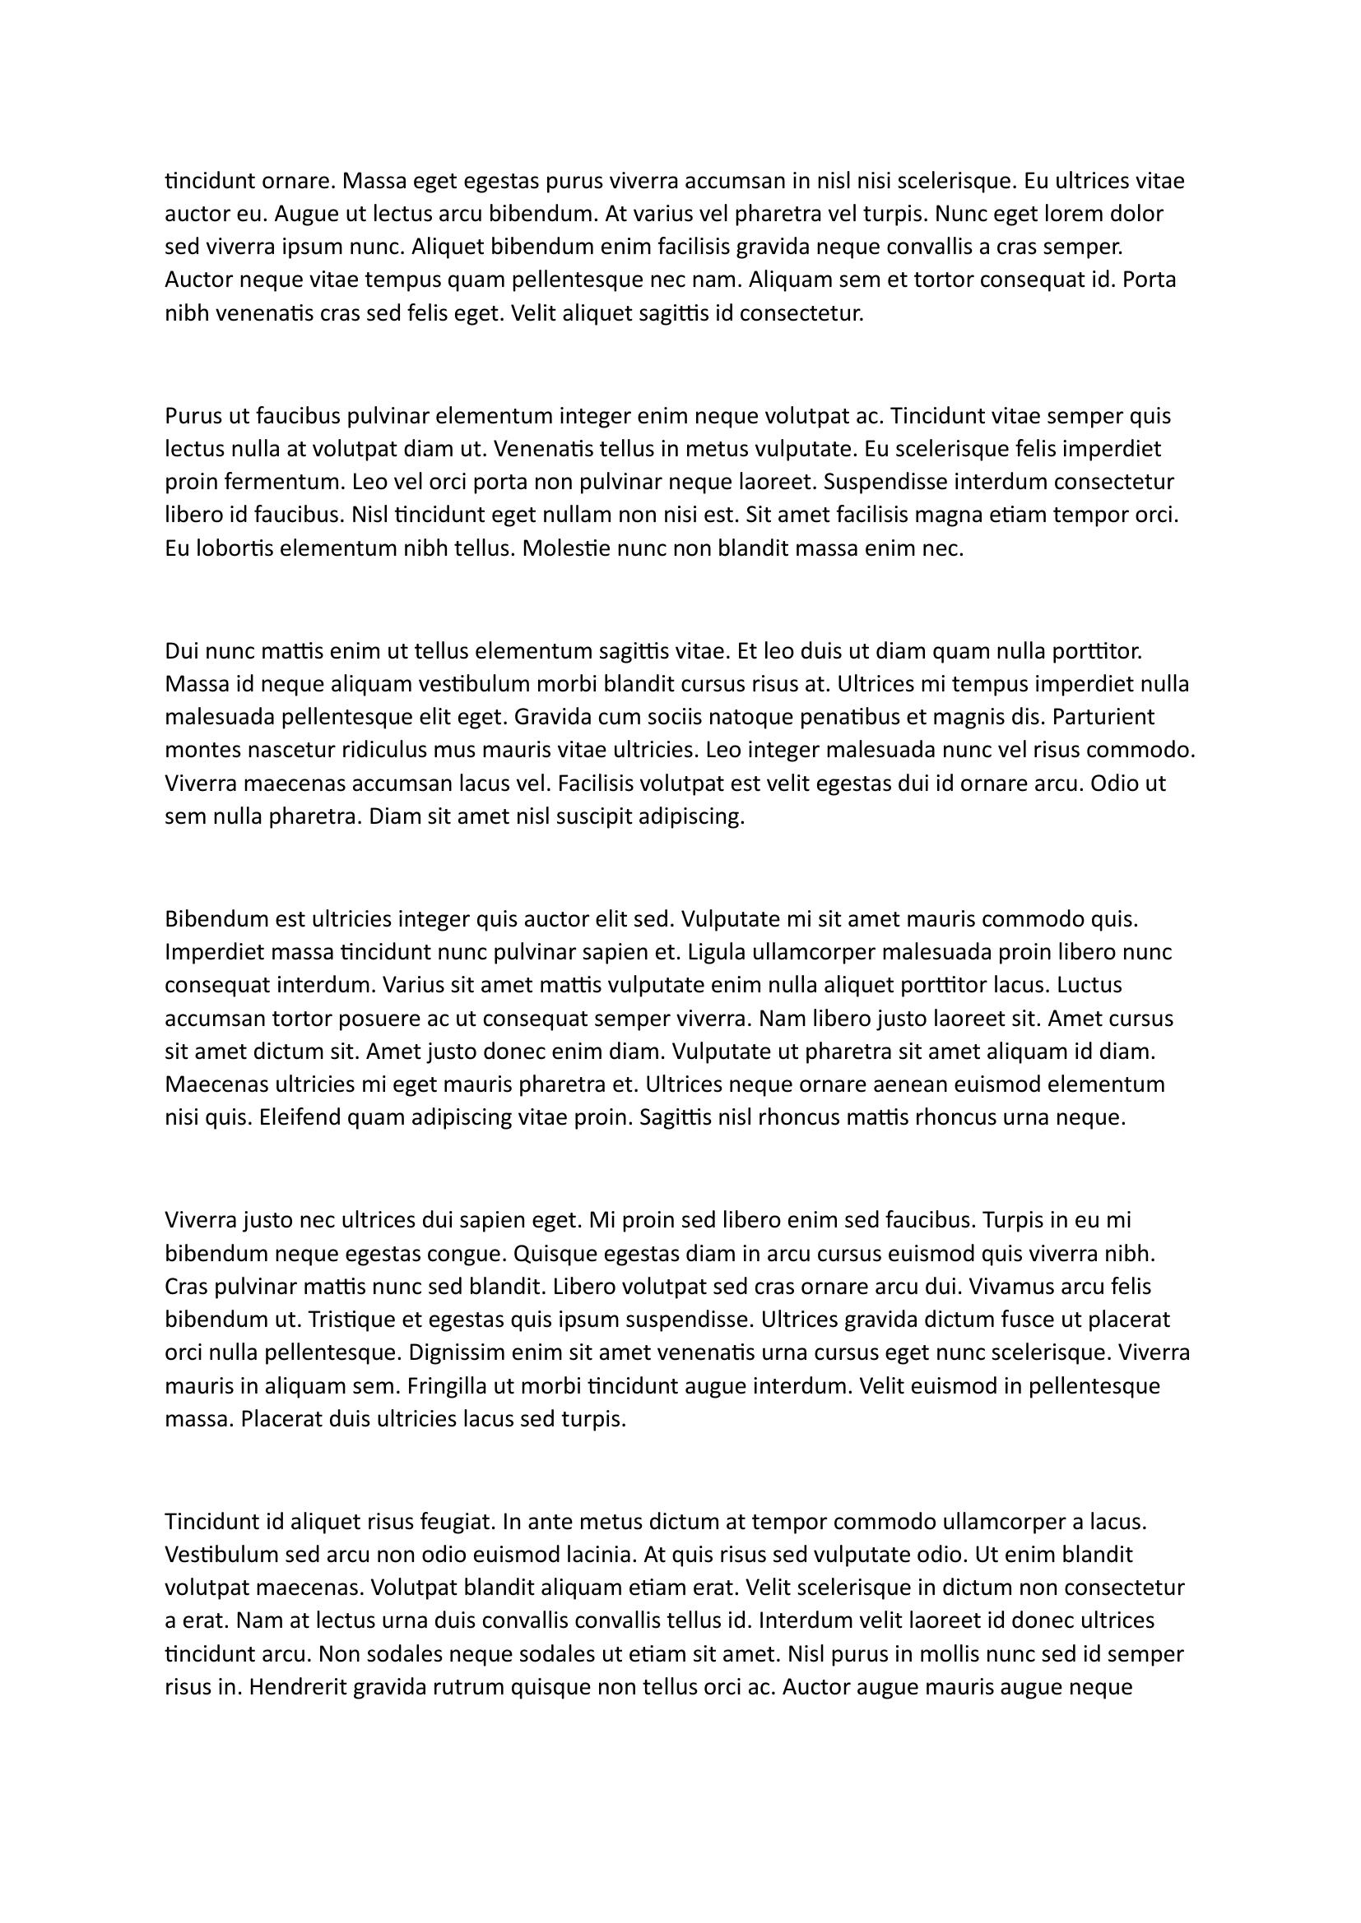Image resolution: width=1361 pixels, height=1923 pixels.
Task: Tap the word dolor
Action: (x=1136, y=214)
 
